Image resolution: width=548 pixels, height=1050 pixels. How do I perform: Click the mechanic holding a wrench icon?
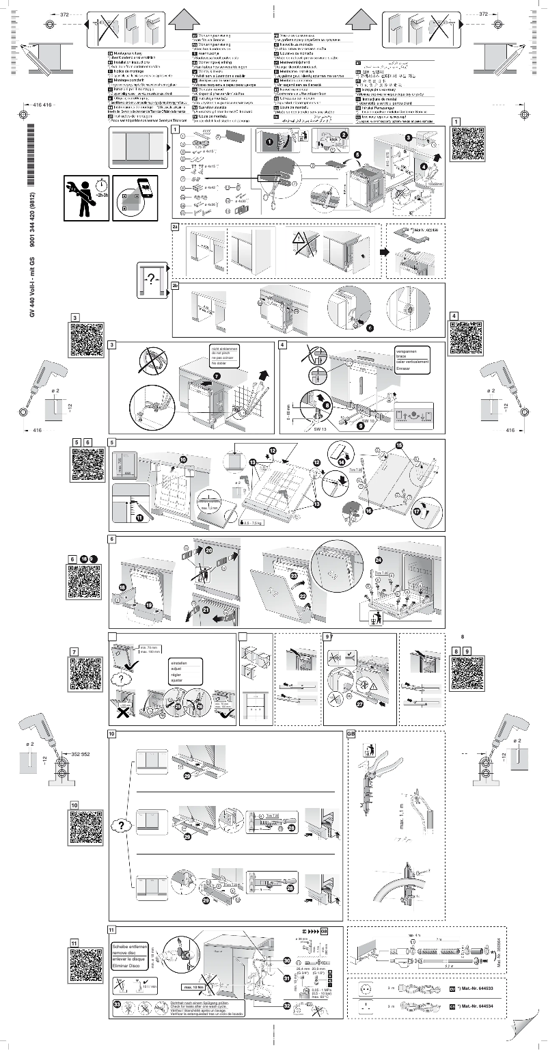click(x=84, y=198)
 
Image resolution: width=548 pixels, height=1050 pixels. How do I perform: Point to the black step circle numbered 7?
click(x=217, y=376)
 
